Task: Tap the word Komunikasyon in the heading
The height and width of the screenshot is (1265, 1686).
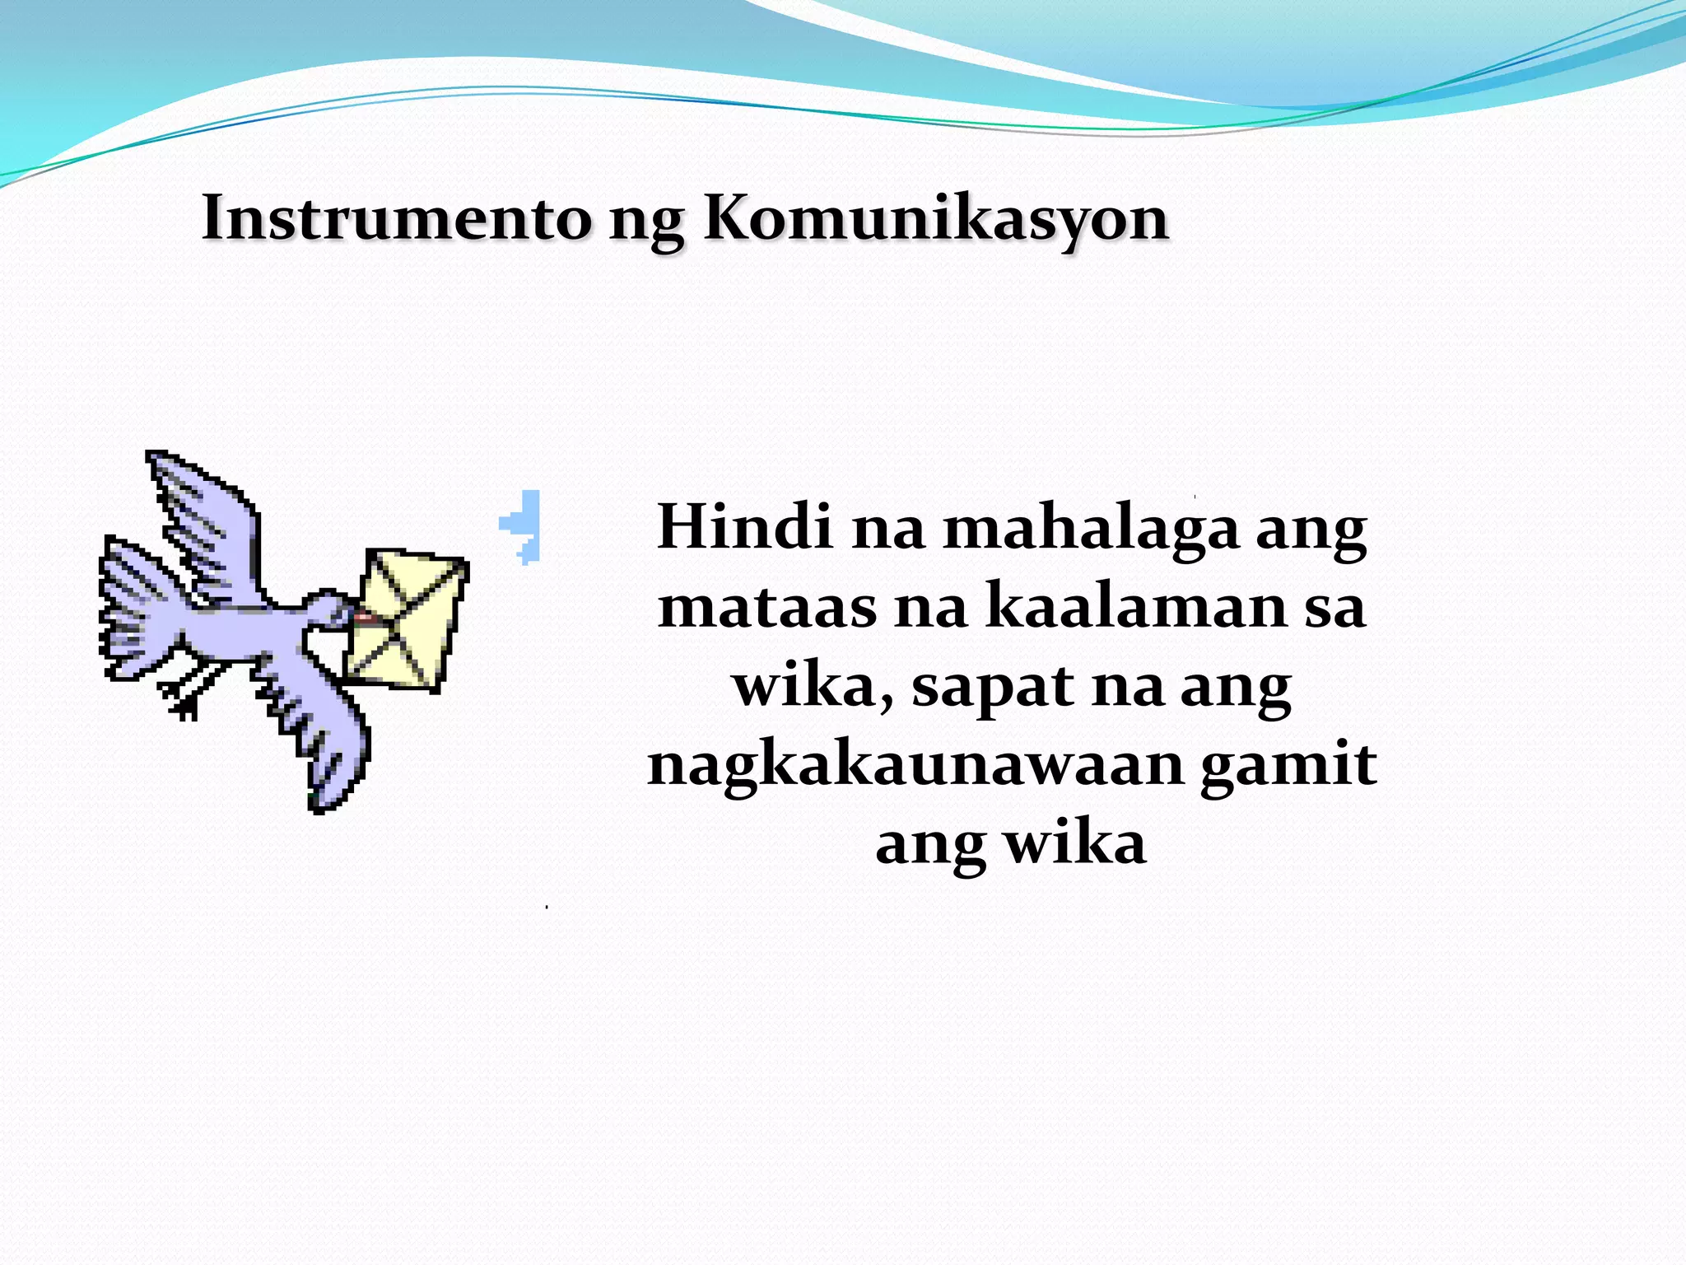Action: coord(936,220)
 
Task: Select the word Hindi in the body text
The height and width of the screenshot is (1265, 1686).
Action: coord(744,526)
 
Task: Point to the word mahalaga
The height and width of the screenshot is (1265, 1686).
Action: coord(1091,528)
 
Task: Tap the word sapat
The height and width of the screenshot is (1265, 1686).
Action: coord(991,686)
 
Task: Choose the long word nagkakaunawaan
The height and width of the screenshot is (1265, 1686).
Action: coord(916,765)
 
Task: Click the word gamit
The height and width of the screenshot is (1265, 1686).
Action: coord(1288,765)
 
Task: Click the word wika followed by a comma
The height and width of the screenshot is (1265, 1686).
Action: coord(811,685)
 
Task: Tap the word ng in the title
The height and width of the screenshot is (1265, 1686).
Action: coord(646,220)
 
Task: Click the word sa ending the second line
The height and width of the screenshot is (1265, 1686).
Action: coord(1334,606)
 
